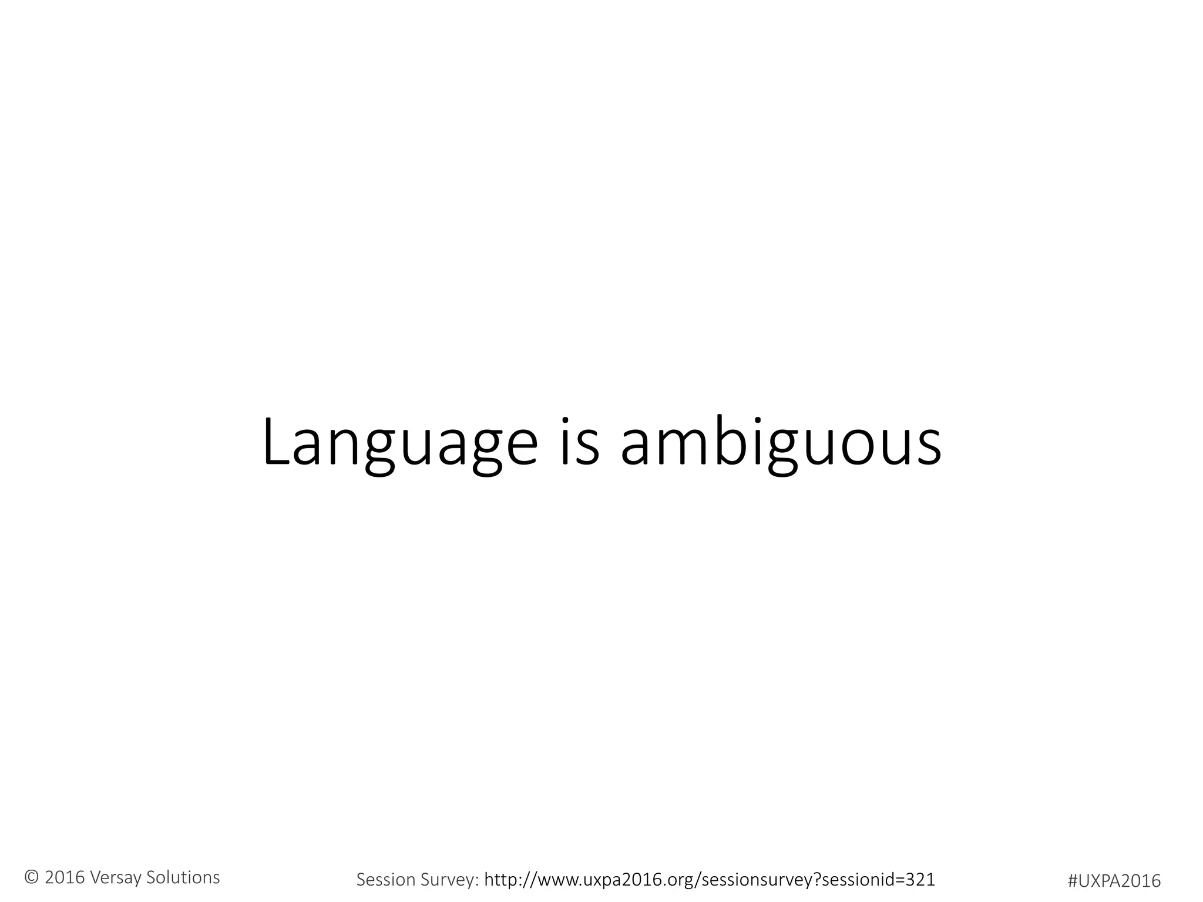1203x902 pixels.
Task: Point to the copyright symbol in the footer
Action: (x=31, y=878)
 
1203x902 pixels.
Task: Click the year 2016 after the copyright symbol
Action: (x=65, y=878)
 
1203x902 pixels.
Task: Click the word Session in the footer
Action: (x=385, y=880)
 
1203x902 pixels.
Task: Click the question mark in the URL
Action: (x=817, y=879)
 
